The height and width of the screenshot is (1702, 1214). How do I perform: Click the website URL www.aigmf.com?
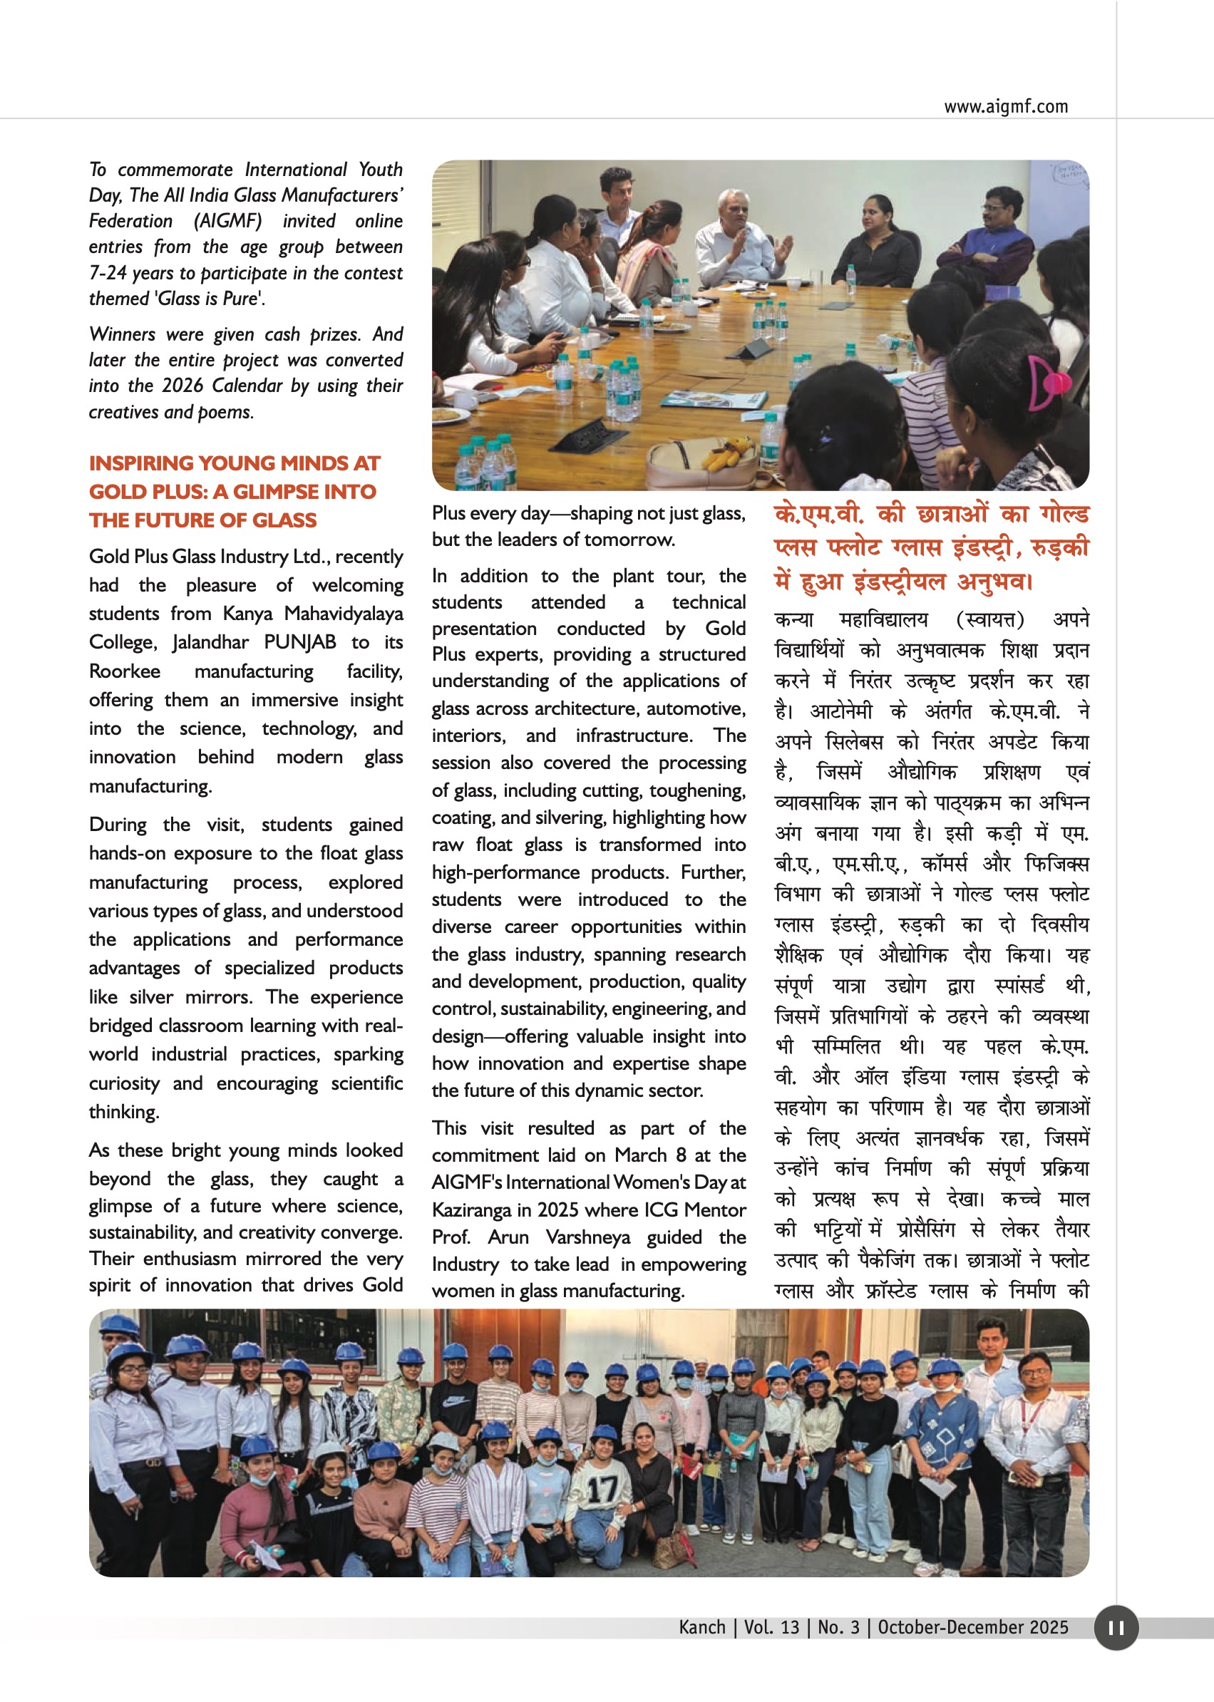[x=1005, y=107]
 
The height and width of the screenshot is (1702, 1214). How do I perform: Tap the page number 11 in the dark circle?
[x=1116, y=1628]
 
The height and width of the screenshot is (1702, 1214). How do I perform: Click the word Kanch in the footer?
[x=702, y=1627]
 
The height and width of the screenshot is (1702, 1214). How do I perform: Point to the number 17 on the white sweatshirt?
[x=602, y=1490]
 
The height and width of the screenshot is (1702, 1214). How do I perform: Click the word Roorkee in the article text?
[x=124, y=671]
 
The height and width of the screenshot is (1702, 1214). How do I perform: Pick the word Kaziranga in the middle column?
[x=470, y=1210]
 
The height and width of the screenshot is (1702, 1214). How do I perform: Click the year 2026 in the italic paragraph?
[x=182, y=386]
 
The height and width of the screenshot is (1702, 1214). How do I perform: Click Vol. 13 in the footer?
[x=771, y=1627]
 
